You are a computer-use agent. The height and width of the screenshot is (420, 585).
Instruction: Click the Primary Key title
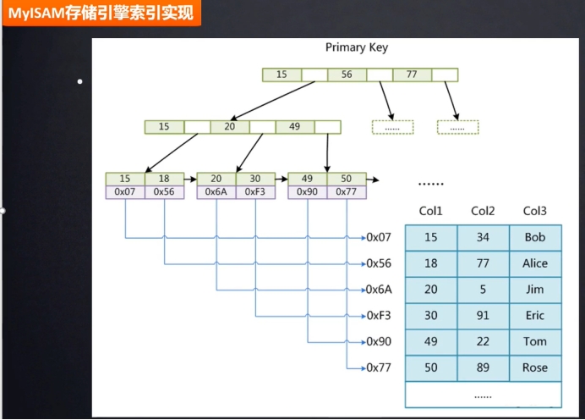click(357, 47)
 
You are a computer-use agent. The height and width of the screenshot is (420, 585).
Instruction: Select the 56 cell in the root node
click(347, 75)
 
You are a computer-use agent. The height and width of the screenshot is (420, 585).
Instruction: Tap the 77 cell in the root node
click(412, 75)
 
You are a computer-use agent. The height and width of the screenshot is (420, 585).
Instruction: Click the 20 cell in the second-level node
click(230, 127)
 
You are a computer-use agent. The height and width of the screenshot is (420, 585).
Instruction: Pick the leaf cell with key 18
click(164, 179)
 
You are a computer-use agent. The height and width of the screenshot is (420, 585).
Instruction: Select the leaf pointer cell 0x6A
click(216, 192)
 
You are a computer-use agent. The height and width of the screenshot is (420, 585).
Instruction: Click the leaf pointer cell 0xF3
click(254, 192)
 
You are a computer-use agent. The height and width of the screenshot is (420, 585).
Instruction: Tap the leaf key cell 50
click(346, 179)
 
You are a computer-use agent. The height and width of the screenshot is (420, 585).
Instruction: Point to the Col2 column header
click(483, 211)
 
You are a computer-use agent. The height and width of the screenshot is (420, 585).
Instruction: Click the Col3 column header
click(535, 211)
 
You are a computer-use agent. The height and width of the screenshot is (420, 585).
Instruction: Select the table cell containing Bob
click(535, 238)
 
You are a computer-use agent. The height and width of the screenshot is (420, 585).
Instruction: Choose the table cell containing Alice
click(535, 264)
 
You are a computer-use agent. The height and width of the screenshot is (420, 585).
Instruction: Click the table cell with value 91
click(483, 316)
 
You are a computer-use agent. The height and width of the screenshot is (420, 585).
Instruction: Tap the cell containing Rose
click(535, 368)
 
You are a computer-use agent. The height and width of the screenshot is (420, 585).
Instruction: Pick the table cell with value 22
click(483, 342)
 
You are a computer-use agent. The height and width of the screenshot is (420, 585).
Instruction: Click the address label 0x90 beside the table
click(379, 342)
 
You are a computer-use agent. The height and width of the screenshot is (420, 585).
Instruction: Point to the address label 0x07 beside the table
click(379, 238)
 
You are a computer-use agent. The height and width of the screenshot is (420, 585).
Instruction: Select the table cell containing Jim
click(535, 290)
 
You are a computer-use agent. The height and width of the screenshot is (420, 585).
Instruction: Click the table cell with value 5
click(483, 290)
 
